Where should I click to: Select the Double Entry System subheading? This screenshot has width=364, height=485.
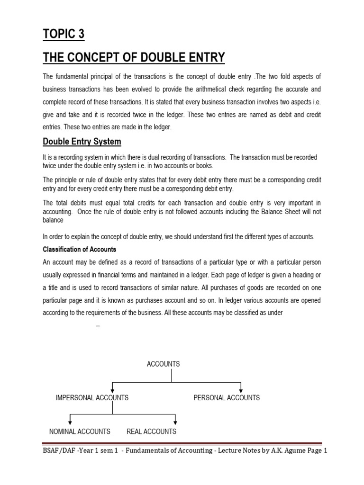tap(82, 141)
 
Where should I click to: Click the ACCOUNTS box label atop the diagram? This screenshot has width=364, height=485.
tap(164, 364)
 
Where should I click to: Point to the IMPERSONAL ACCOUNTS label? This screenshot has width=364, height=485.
tap(92, 398)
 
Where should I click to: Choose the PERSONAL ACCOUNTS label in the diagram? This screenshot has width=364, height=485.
tap(227, 398)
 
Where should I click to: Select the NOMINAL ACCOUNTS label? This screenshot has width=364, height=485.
tap(80, 431)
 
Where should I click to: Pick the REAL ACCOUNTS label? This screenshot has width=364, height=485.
tap(151, 431)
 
